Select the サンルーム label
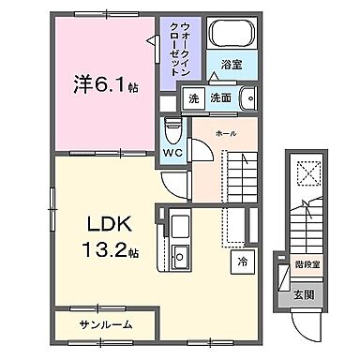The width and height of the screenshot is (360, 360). (x=104, y=323)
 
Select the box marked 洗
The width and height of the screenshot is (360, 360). (x=194, y=97)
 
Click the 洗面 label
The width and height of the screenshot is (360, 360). (x=221, y=97)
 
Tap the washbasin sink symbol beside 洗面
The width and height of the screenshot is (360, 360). (x=247, y=97)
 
